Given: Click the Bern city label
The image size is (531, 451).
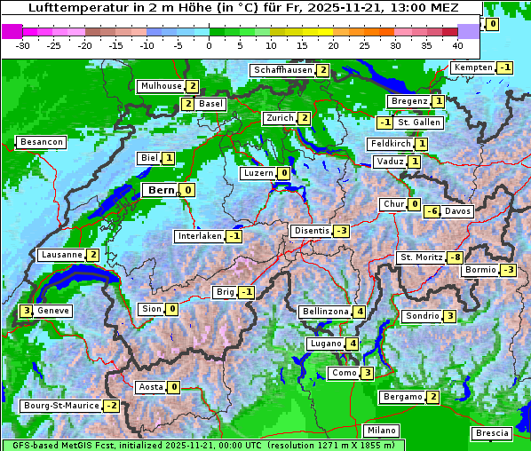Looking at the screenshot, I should coord(161,190).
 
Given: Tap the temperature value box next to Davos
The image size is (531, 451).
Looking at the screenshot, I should coord(432,211).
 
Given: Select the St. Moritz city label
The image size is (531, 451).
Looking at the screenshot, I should coord(421,257).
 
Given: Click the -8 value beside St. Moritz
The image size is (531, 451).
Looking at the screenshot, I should coord(455,257).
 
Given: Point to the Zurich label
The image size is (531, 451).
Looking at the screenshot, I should coord(279,118).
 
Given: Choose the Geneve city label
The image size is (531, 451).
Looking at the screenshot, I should coord(53,311).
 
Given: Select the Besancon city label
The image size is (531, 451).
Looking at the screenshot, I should coord(42,142).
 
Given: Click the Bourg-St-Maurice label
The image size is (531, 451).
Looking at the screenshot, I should coord(60,406).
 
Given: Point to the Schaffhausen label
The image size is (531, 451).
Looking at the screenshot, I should coord(282,70).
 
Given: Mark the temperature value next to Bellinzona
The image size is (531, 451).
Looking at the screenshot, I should coord(359,312).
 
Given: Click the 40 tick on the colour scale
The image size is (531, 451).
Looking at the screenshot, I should coord(457,44).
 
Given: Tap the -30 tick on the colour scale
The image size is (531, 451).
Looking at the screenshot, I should coord(23,44).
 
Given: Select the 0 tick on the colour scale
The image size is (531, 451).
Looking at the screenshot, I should coord(210,44).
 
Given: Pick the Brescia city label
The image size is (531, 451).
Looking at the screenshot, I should coord(492,433).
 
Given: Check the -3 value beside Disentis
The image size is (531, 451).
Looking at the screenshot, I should coord(341,231).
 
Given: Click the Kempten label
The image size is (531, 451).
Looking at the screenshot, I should coord(473,67).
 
